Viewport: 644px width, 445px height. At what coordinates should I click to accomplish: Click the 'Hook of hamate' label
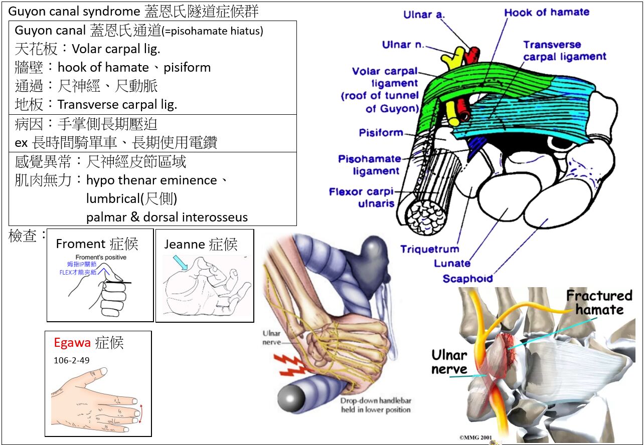coord(547,13)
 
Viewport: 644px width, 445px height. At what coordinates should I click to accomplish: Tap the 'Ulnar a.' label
coord(424,15)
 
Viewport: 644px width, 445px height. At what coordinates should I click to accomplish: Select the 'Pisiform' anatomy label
coord(381,133)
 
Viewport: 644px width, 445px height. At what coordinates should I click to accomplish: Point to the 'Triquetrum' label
coord(429,249)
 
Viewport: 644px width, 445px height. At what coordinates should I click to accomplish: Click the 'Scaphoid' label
coord(467,278)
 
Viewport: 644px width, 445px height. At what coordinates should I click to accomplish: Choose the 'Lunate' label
coord(452,264)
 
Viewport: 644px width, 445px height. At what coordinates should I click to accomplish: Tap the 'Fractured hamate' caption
coord(599,302)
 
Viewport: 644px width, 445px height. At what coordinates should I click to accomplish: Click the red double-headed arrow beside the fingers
coord(140,413)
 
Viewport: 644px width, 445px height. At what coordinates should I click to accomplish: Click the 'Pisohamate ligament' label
coord(370,165)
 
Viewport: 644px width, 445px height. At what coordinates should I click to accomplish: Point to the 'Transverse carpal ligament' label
coord(564,51)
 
